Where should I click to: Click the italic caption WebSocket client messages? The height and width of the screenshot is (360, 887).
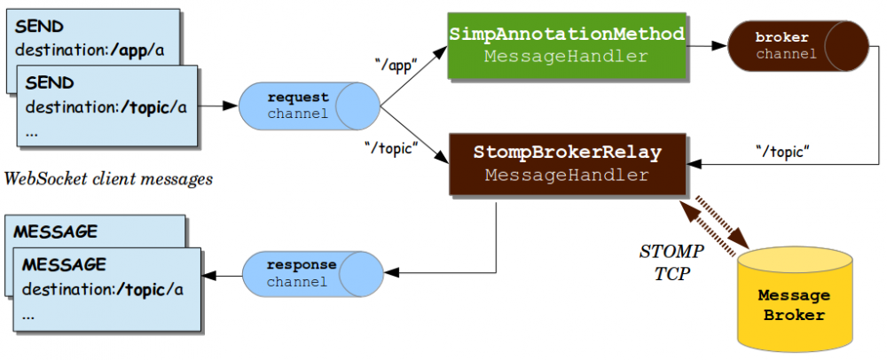coord(109,179)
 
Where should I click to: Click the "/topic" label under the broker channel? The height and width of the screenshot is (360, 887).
coord(782,148)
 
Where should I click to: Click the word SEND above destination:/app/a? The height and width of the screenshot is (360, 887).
coord(39,27)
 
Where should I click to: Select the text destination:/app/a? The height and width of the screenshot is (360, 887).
coord(90,51)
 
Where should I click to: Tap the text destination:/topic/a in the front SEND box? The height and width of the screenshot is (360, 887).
coord(106,107)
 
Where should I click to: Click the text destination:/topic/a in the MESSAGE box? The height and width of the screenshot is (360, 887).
coord(103,289)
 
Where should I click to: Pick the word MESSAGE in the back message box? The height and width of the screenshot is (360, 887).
coord(55,231)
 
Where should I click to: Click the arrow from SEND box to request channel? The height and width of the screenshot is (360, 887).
coord(218,106)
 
